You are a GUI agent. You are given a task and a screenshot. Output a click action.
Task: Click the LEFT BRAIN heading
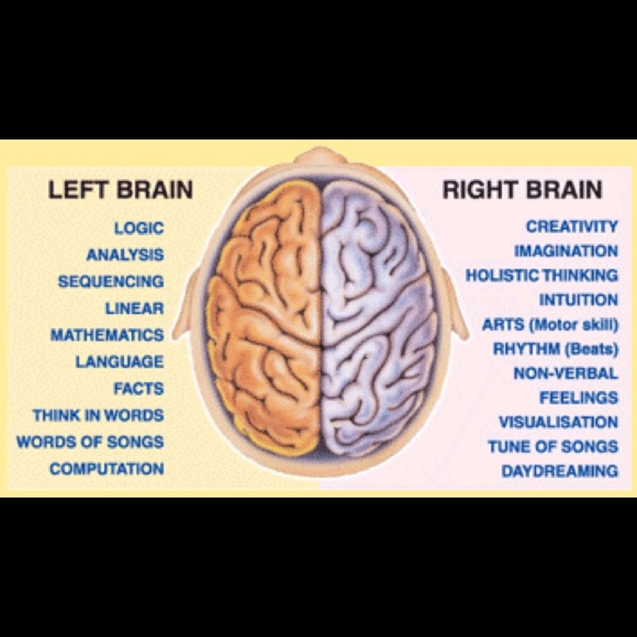tap(120, 190)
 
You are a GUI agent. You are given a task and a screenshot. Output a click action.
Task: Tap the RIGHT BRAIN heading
tap(522, 190)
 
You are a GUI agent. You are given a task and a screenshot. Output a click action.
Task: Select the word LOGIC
tap(139, 228)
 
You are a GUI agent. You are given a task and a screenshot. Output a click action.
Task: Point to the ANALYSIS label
tap(125, 255)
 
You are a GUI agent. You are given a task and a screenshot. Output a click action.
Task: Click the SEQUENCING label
tap(111, 282)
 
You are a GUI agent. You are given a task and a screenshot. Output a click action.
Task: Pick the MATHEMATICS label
tap(107, 335)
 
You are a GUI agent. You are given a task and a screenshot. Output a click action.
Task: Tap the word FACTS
tap(139, 389)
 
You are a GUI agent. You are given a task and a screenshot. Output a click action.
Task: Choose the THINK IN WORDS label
tap(98, 415)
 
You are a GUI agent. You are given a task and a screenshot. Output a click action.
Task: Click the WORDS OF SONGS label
tap(90, 442)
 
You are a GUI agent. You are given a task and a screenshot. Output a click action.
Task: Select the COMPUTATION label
tap(107, 469)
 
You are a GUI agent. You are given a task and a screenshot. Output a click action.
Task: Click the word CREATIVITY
tap(572, 226)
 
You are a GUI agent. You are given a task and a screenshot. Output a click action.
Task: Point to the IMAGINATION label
tap(566, 251)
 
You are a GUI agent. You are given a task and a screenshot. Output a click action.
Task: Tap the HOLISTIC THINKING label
tap(542, 275)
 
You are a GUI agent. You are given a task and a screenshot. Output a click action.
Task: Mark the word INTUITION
tap(579, 300)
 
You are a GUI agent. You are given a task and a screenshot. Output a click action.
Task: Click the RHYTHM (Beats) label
tap(555, 349)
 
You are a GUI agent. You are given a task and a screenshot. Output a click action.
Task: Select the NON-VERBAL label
tap(566, 373)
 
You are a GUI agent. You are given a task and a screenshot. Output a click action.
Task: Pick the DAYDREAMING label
tap(560, 471)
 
